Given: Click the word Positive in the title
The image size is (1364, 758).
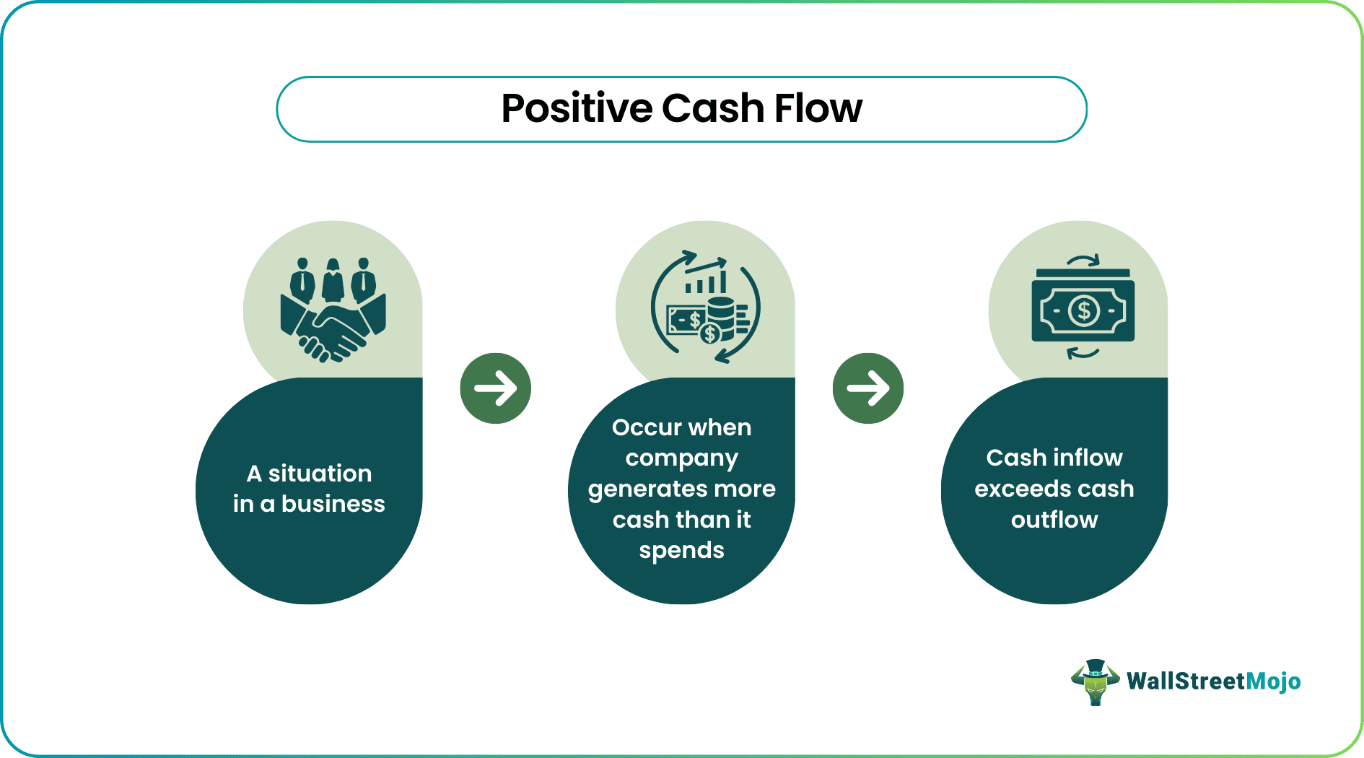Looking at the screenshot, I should point(577,109).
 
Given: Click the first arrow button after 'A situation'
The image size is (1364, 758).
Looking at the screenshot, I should point(495,388).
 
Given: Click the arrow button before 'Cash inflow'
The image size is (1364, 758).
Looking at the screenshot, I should point(867,388).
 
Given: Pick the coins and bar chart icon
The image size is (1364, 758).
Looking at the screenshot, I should point(705,308).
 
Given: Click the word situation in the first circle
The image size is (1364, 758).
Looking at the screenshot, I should point(320,474).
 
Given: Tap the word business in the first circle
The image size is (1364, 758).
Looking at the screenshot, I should point(333,504).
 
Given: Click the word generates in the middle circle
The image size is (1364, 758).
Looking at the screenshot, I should point(640,489).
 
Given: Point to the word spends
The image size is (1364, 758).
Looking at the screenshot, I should point(681,551).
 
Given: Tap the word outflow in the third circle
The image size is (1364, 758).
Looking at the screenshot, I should point(1054,520).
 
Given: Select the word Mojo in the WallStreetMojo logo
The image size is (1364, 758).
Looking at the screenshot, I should point(1273,681).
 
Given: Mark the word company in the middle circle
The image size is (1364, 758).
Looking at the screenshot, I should point(681,458).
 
